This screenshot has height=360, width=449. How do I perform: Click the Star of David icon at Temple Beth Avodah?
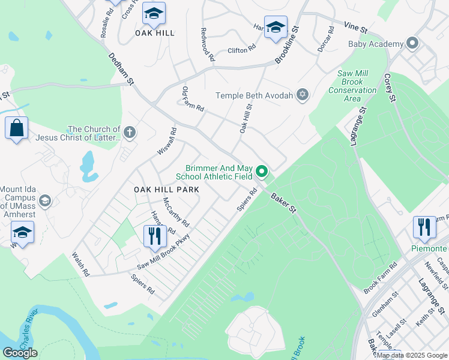[303, 95]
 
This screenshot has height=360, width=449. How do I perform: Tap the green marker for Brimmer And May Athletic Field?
[262, 172]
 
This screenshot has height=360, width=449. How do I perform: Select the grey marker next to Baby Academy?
[412, 44]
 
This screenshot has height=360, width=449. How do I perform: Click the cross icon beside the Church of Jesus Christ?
[130, 133]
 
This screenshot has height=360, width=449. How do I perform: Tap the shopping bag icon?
[16, 128]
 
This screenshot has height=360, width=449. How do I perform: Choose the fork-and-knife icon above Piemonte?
[425, 227]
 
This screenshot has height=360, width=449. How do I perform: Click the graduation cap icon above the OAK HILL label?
[154, 14]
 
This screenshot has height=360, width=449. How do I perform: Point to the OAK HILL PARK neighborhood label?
[166, 190]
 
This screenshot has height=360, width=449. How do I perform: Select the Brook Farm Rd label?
[381, 277]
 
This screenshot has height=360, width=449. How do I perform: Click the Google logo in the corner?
[20, 353]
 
